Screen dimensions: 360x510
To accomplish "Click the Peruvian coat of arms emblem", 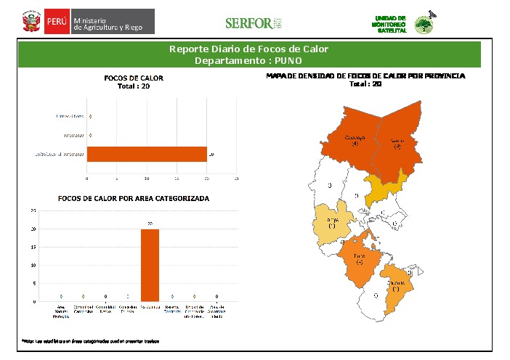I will coord(31,22).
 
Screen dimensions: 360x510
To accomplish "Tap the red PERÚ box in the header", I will coord(57,22).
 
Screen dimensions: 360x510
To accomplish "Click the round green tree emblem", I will coord(424,25).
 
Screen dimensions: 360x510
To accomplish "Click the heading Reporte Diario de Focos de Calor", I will coord(248,49).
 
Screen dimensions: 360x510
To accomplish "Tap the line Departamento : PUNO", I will coord(248,60).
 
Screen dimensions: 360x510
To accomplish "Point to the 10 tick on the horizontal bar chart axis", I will coord(147,178).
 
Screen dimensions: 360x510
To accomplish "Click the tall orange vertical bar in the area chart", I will coord(150,265).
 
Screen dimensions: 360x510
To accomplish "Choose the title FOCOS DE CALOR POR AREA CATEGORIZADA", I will coord(134,198).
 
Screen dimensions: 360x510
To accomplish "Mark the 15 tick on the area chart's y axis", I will coord(33,247).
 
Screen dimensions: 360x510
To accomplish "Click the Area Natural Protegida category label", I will coord(61,311).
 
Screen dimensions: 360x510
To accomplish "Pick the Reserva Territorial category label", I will coord(172,310).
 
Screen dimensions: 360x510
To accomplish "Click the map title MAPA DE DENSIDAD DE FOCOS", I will coord(365,75).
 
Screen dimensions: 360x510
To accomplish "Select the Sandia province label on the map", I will coord(397,142).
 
